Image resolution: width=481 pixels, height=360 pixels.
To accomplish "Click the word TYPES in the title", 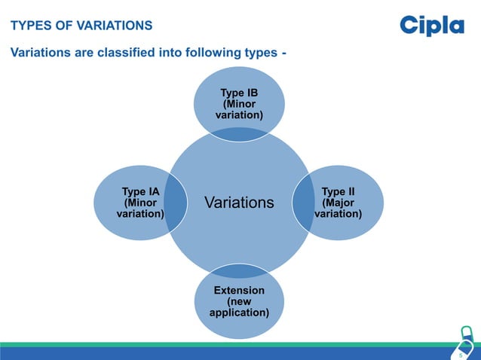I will click(x=29, y=26).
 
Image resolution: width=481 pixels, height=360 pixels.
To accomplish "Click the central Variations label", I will click(x=239, y=203).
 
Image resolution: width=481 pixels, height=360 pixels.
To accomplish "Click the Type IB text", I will click(x=239, y=93).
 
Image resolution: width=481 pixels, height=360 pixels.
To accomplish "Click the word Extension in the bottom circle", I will click(x=239, y=290).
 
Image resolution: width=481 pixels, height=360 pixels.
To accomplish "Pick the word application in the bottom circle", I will click(x=239, y=312).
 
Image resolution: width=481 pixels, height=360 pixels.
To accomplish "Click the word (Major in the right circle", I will click(x=338, y=203).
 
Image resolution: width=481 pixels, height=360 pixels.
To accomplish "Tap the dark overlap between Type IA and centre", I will click(x=176, y=203).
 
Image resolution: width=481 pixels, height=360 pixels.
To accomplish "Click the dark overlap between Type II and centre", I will click(x=303, y=203).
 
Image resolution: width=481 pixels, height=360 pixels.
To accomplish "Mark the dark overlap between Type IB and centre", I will click(x=239, y=133).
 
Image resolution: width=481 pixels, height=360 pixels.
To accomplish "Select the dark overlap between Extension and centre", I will click(x=239, y=270).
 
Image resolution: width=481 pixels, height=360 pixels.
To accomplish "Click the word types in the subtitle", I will click(x=261, y=53).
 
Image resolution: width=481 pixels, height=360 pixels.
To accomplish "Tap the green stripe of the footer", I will click(x=226, y=344).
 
